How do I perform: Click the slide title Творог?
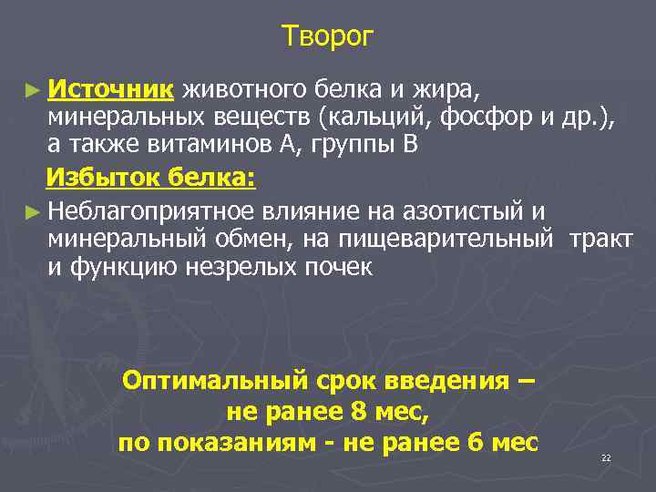tap(328, 36)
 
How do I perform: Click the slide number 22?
tap(606, 457)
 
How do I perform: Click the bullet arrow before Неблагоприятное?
tap(34, 212)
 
